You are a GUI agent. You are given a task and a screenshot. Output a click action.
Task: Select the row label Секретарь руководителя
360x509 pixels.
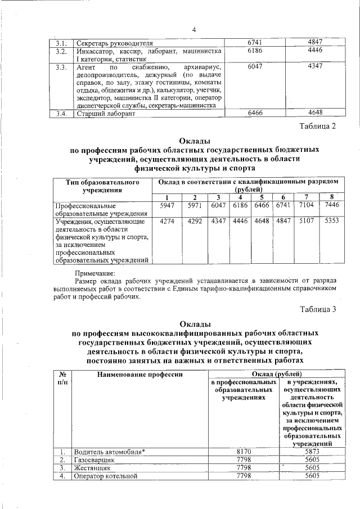pos(114,43)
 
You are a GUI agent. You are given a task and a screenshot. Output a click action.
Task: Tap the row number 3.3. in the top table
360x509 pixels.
pos(61,67)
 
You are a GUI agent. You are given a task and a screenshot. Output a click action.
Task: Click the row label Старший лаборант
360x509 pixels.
pos(106,114)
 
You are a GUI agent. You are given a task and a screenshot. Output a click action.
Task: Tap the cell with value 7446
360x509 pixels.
pos(332,206)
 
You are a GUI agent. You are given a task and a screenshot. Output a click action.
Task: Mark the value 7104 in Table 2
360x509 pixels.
pos(307,206)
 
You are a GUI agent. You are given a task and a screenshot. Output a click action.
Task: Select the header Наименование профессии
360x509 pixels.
pos(140,374)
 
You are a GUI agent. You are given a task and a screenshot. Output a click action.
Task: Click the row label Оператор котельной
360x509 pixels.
pos(106,476)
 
